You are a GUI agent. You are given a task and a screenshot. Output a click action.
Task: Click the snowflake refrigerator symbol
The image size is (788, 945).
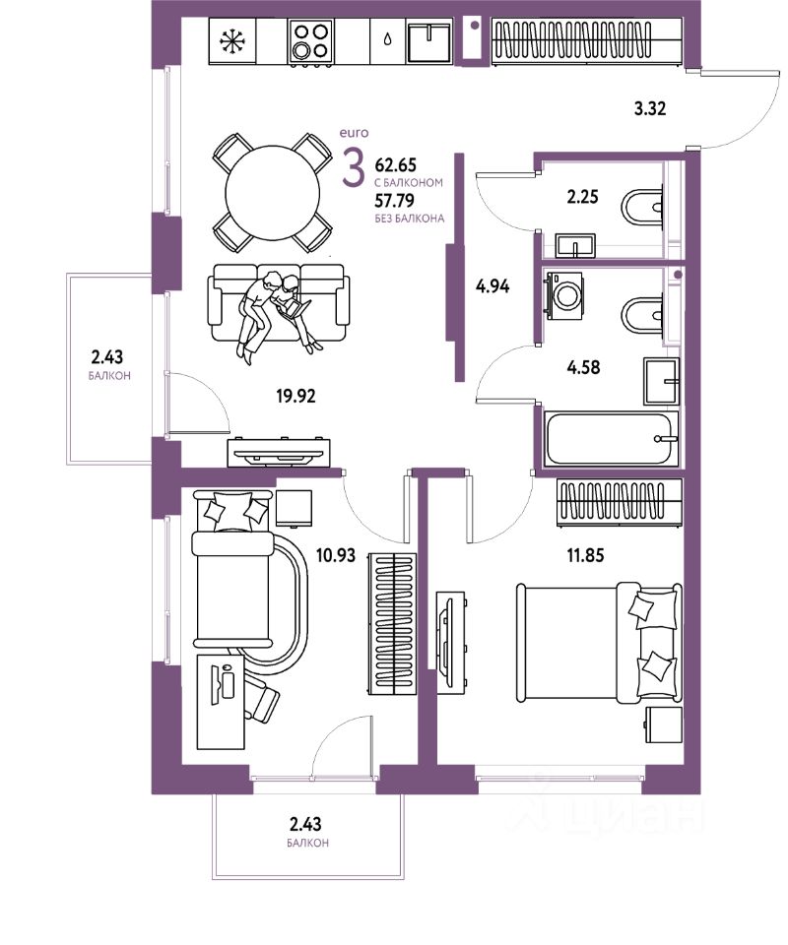pos(232,42)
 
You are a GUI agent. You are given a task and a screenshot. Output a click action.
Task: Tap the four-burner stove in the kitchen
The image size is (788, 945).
pos(310,42)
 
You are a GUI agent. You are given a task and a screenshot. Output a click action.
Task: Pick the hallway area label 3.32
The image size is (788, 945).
pos(650,108)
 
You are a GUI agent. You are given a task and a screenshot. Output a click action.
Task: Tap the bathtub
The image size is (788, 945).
pos(611,439)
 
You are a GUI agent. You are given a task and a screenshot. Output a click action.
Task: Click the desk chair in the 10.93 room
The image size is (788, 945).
pos(260,701)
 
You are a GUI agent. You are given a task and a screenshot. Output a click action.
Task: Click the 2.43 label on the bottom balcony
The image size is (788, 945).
pos(305,824)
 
